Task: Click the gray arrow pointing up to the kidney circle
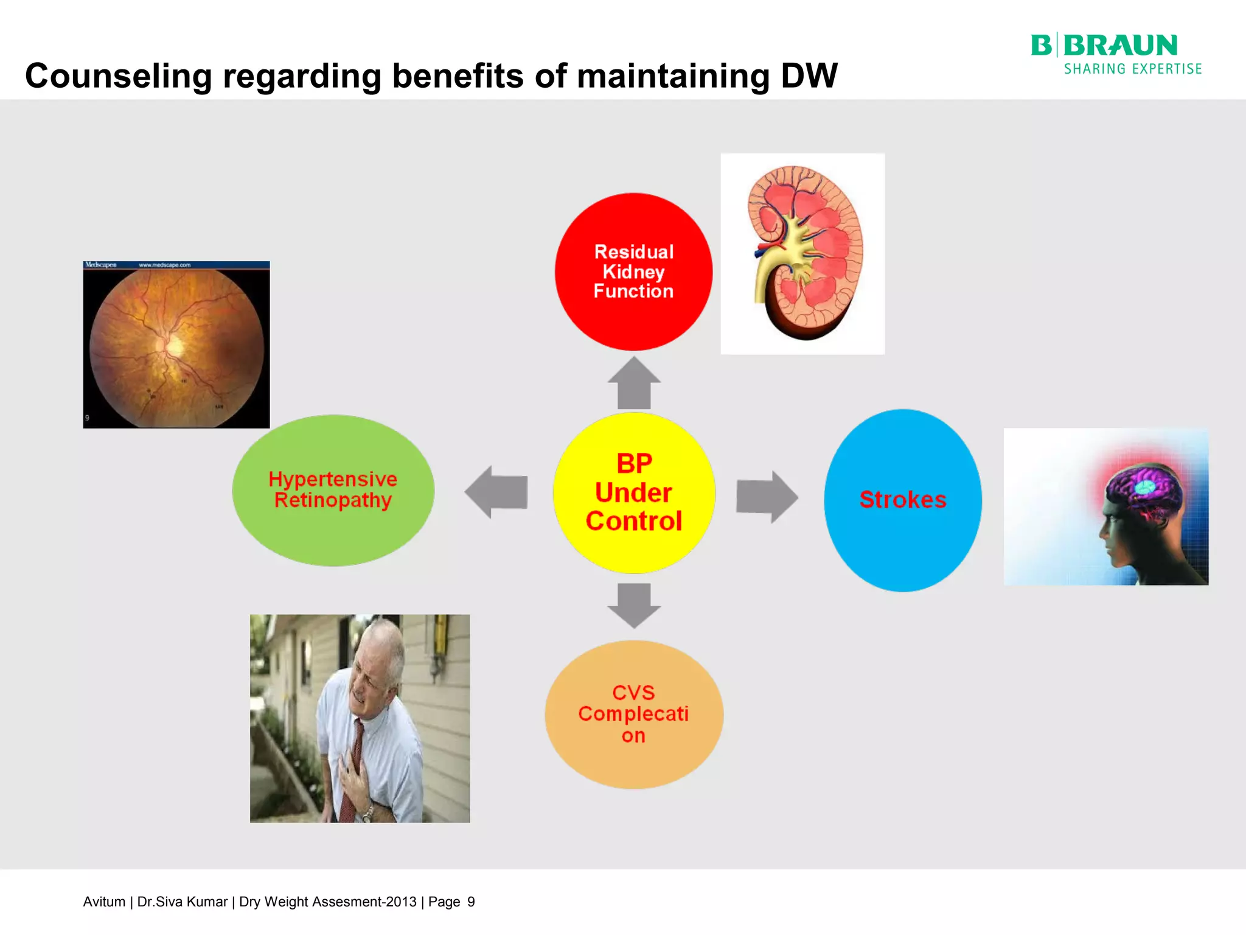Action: tap(634, 383)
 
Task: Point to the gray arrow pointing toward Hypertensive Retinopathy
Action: tap(496, 492)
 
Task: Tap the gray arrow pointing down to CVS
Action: tap(634, 605)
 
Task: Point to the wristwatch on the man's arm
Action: tap(367, 813)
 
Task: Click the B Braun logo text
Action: tap(1104, 46)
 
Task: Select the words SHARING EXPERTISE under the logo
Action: tap(1132, 69)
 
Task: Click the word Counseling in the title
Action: tap(119, 77)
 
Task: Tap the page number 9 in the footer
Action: tap(471, 902)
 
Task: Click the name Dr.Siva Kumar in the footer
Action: tap(182, 902)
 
